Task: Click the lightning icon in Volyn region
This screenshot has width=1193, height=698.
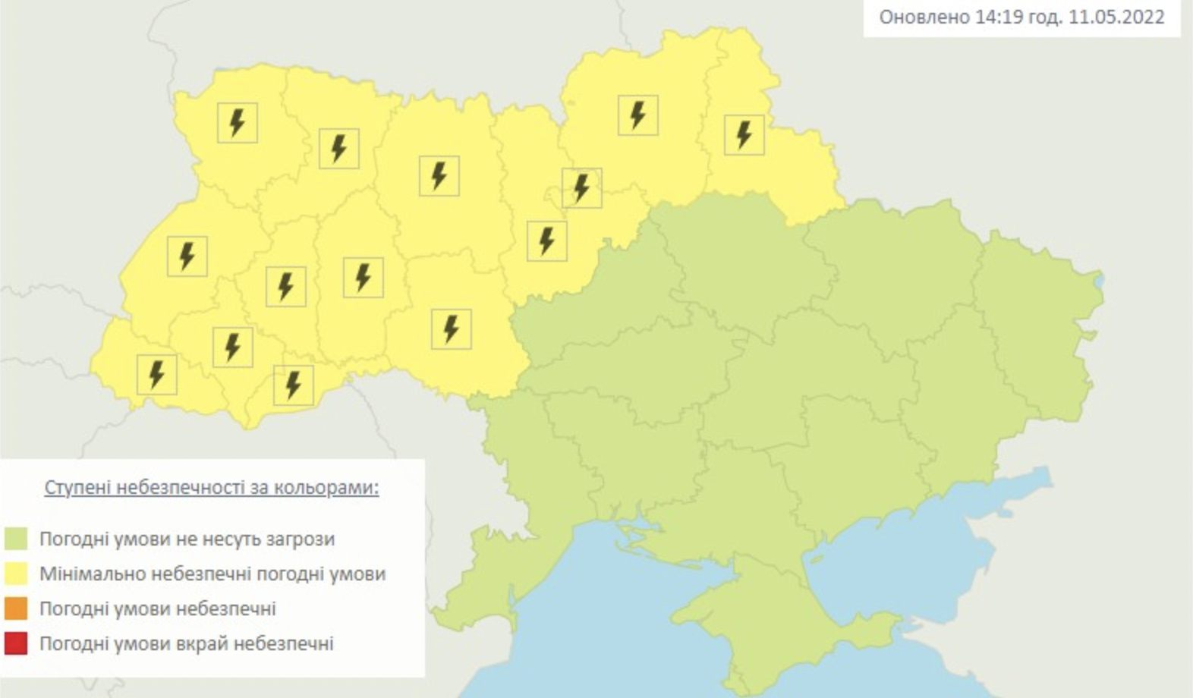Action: click(238, 122)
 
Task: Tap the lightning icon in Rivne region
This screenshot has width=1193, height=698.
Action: click(338, 148)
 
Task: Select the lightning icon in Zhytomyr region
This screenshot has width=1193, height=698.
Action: click(439, 175)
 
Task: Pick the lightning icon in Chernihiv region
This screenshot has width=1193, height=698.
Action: click(637, 115)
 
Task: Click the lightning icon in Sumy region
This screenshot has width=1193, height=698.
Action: click(744, 135)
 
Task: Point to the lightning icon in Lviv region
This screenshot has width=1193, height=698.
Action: click(187, 256)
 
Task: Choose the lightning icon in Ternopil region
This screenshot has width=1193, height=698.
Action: click(285, 286)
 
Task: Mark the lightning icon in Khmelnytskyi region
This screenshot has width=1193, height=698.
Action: click(363, 277)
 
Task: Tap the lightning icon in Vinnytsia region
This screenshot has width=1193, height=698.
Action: click(451, 329)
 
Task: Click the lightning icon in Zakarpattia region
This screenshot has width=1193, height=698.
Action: click(156, 374)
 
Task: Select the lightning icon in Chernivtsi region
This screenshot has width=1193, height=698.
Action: click(293, 385)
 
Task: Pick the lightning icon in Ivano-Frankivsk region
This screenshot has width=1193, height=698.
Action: click(232, 347)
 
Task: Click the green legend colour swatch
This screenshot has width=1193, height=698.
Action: click(16, 539)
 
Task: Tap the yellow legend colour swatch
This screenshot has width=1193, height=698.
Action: click(16, 574)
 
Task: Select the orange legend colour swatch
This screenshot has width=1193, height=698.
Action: click(16, 608)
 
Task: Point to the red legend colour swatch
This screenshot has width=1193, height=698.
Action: click(16, 643)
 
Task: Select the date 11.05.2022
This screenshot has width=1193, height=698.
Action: click(1116, 17)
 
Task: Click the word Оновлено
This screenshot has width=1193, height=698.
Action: click(923, 17)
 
